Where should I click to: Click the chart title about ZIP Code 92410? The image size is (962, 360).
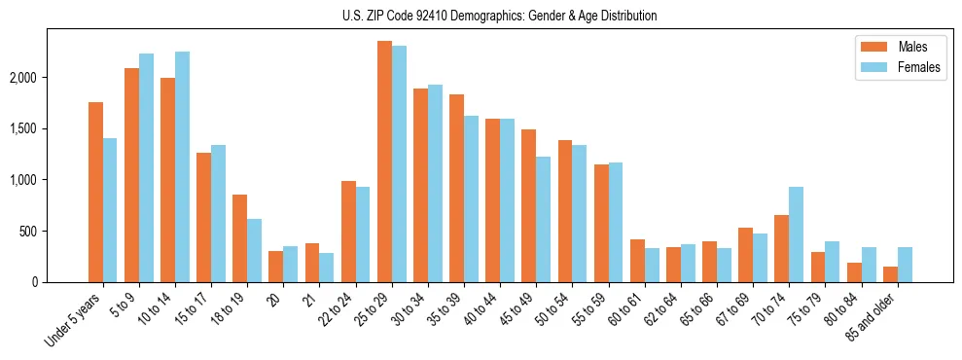(499, 16)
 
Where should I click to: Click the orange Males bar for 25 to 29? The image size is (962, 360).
(384, 162)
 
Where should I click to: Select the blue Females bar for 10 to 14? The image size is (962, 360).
(182, 166)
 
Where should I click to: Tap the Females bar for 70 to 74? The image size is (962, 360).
(796, 234)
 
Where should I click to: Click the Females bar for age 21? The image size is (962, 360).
(326, 268)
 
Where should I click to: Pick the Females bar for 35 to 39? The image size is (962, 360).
(471, 198)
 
